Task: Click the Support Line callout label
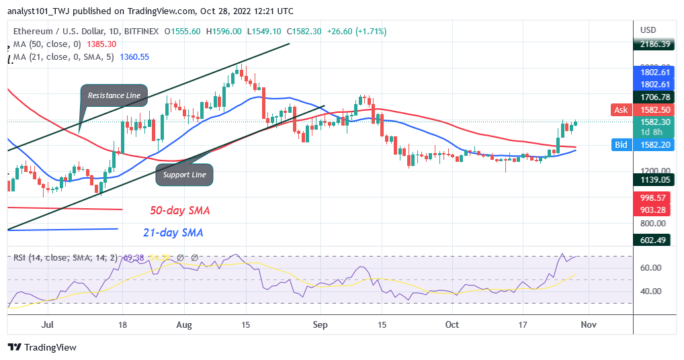(184, 175)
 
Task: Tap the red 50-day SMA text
(179, 211)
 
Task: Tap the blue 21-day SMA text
(173, 233)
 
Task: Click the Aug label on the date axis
(184, 324)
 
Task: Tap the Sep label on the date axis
(320, 324)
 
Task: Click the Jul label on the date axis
(47, 324)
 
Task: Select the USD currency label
(648, 30)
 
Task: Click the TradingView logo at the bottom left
(42, 347)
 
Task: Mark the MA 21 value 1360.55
(135, 57)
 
